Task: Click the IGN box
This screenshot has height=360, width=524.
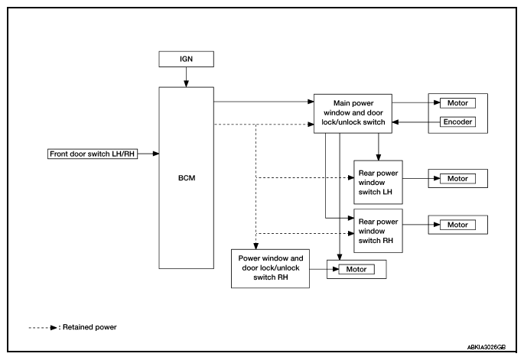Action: tap(186, 59)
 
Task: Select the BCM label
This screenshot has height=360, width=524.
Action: tap(187, 178)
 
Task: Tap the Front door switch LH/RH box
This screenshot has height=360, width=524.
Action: tap(93, 154)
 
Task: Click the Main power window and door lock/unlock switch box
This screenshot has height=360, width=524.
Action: tap(353, 114)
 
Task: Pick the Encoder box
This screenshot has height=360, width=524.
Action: tap(457, 122)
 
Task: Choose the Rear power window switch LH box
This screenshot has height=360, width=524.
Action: tap(379, 183)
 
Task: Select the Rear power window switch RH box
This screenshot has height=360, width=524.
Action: tap(379, 231)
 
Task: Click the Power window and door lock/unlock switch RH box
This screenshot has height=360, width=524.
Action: tap(270, 268)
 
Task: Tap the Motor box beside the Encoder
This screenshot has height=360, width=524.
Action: tap(457, 103)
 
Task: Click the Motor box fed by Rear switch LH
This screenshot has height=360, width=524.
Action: tap(457, 179)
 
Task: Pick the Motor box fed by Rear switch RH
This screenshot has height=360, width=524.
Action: tap(457, 225)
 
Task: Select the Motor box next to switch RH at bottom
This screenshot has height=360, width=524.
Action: tap(356, 269)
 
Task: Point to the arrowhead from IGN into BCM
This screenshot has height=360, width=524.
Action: tap(186, 84)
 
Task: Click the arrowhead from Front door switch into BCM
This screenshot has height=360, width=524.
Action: tap(156, 154)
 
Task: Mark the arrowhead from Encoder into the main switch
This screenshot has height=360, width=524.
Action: tap(395, 122)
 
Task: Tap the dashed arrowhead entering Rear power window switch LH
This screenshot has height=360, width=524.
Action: tap(351, 177)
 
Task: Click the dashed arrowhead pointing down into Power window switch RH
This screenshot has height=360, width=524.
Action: tap(255, 246)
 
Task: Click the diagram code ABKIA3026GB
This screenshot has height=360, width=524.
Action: tap(487, 347)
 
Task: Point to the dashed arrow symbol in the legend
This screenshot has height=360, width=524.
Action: tap(43, 328)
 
